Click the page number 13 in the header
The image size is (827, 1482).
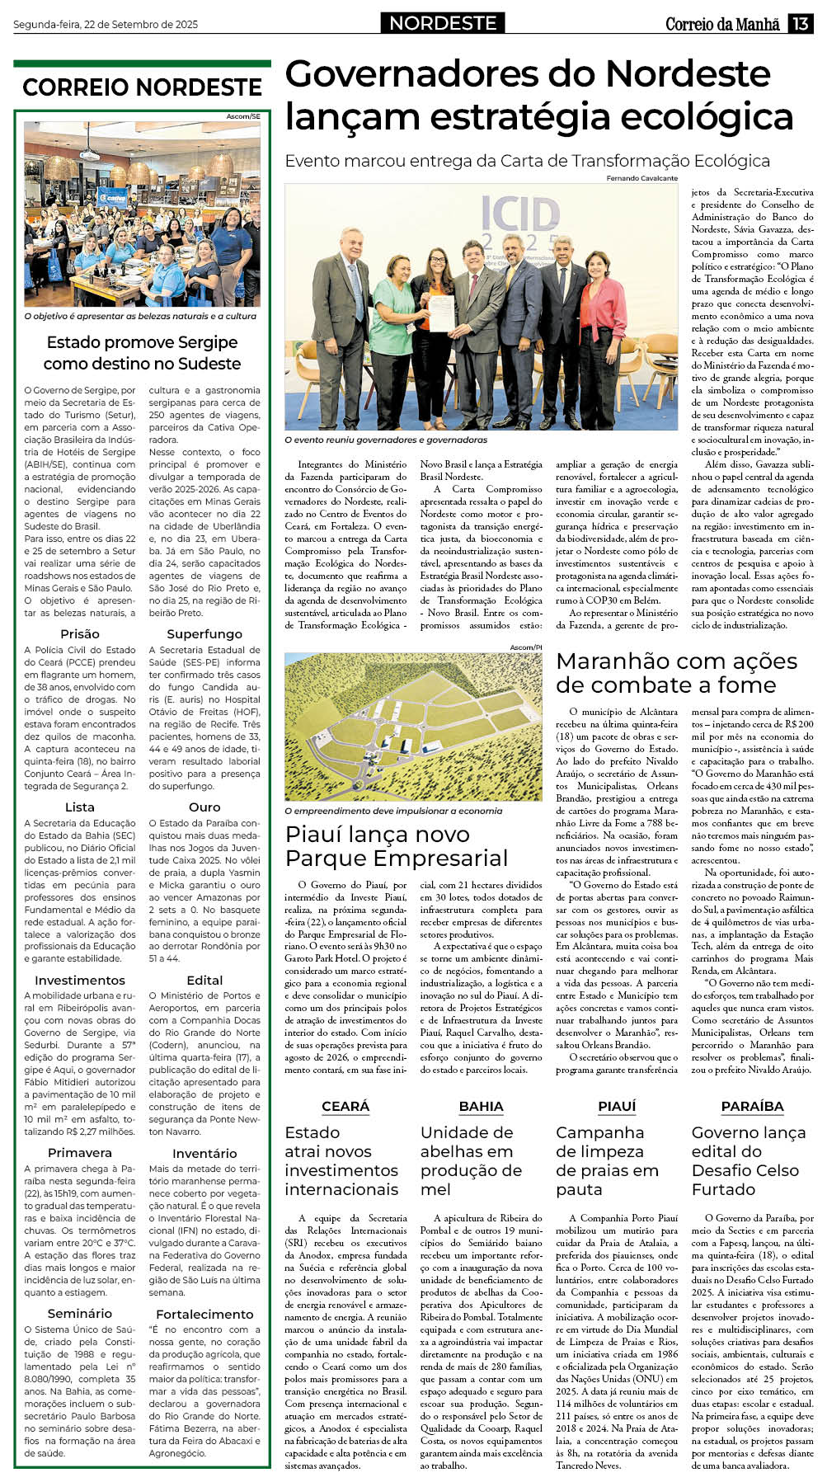(x=800, y=23)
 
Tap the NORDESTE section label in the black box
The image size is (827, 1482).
(x=443, y=23)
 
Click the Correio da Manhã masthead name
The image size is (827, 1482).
(x=722, y=24)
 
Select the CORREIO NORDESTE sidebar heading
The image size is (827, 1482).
(x=142, y=87)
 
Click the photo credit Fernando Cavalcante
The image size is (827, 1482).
(x=641, y=178)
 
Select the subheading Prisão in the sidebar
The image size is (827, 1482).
(x=80, y=633)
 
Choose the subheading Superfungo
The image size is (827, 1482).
(x=204, y=633)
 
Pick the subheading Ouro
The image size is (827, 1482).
(x=204, y=807)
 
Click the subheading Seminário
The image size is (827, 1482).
(x=80, y=1313)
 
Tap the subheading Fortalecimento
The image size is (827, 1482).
(x=204, y=1314)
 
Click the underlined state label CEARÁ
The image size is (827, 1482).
(x=345, y=1106)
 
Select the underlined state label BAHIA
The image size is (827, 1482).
(x=481, y=1106)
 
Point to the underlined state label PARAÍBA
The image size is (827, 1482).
(x=752, y=1106)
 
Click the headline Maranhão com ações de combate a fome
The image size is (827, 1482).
(x=676, y=673)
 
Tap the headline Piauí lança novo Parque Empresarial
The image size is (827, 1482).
(x=396, y=845)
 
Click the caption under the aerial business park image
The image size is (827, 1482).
(x=393, y=811)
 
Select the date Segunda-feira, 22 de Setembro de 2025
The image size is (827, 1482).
(x=106, y=25)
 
